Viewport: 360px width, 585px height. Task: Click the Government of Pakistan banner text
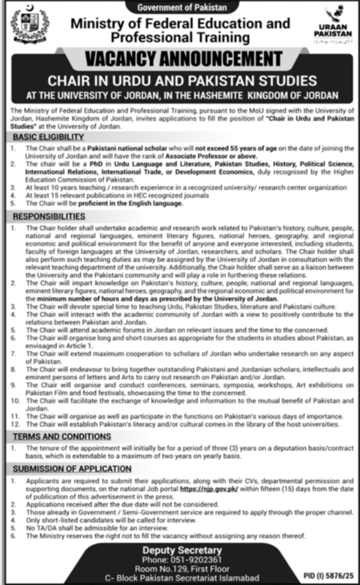coord(182,7)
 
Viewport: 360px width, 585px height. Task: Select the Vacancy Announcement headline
coord(184,59)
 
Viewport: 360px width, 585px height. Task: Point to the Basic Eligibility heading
coord(48,137)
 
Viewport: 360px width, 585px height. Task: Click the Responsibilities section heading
coord(49,216)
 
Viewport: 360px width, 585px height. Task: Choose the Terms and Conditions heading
coord(62,437)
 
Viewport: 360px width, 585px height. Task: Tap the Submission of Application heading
coord(72,469)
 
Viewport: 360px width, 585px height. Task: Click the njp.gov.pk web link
coord(209,489)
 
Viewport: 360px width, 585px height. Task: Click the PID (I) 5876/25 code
coord(328,576)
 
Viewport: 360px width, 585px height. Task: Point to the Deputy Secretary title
coord(182,550)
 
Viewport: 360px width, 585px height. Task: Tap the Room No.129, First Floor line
coord(182,569)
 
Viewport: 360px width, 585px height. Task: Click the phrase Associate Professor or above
coord(211,156)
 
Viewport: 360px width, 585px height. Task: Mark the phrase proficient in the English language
coord(130,203)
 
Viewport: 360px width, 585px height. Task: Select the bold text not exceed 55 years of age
coord(236,148)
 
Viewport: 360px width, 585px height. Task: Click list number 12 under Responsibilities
coord(15,425)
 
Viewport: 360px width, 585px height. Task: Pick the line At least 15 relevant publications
coord(117,195)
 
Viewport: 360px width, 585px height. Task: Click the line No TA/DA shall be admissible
coord(97,528)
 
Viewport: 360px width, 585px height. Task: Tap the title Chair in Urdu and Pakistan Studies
coord(182,81)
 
